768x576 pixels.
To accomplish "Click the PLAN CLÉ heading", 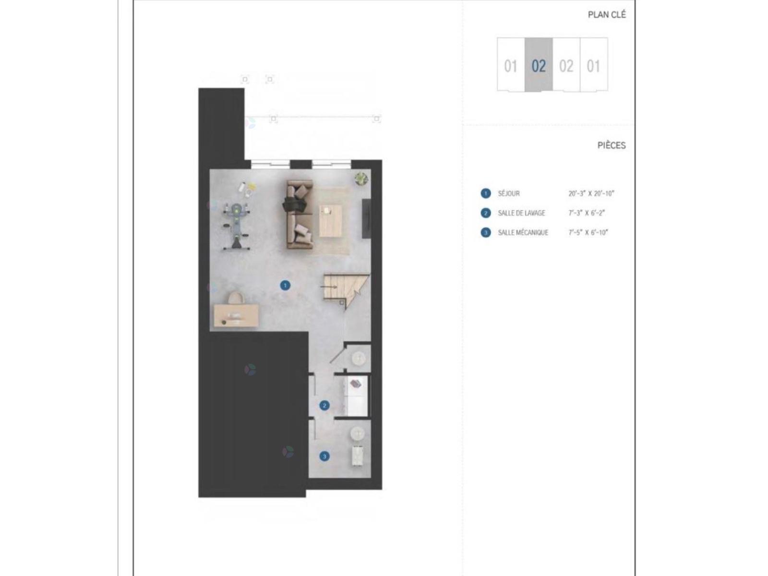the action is (606, 15).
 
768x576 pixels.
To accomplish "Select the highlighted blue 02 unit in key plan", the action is (539, 65).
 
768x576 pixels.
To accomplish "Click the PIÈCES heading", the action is (611, 145).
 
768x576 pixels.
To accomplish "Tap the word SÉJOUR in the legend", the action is (508, 193).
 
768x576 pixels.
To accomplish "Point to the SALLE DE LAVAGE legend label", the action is (521, 213).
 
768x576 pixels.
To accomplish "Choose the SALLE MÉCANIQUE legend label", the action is (523, 233).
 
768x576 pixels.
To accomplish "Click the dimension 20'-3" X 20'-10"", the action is (591, 193).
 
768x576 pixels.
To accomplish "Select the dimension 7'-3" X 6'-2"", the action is (587, 213).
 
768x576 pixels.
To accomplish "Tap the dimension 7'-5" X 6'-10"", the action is (588, 233).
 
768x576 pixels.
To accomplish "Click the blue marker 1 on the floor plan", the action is (285, 286).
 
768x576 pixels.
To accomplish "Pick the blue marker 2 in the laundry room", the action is (324, 405).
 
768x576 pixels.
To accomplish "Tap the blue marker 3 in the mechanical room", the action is (324, 456).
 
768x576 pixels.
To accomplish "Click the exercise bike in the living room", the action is (237, 226).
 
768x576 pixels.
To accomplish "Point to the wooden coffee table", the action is (330, 221).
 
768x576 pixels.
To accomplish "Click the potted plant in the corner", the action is (361, 179).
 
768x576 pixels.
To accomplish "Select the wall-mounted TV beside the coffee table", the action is (366, 218).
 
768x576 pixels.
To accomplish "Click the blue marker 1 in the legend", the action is (486, 193).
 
